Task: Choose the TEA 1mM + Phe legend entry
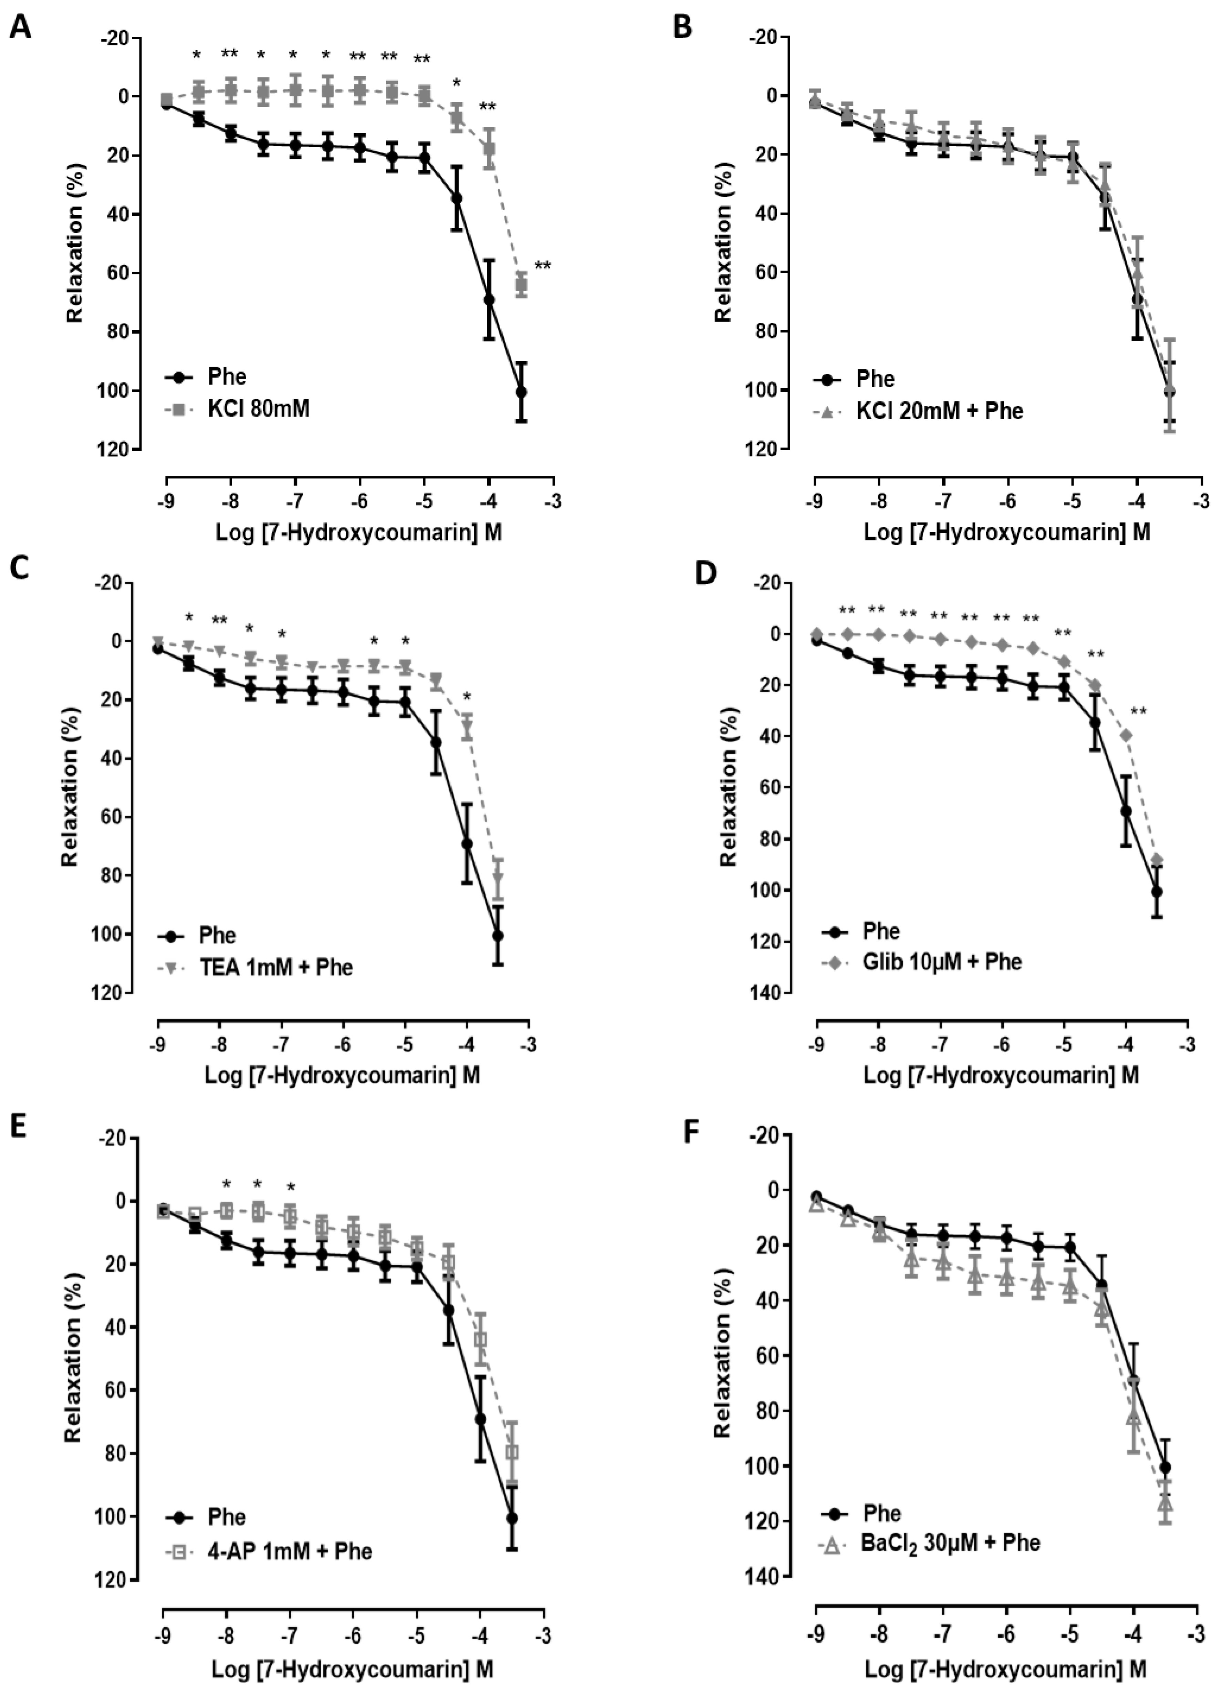(x=275, y=967)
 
